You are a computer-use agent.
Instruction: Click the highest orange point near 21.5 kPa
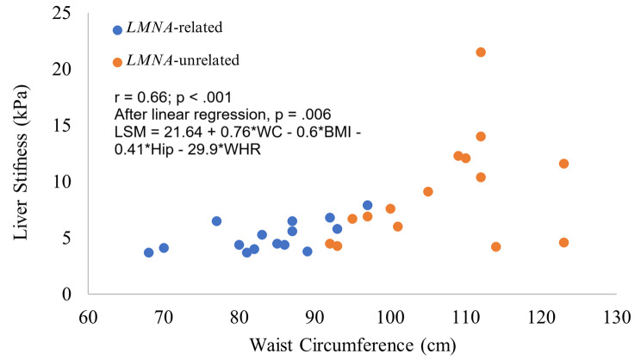pyautogui.click(x=481, y=53)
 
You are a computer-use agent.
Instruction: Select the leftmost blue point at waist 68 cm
pyautogui.click(x=149, y=252)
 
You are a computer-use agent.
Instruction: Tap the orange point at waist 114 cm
pyautogui.click(x=495, y=247)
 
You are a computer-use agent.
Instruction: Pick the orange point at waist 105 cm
pyautogui.click(x=428, y=191)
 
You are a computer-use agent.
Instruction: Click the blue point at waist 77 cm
pyautogui.click(x=216, y=221)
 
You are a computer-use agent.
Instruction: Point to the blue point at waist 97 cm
pyautogui.click(x=367, y=205)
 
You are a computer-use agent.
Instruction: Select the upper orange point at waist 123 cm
pyautogui.click(x=563, y=164)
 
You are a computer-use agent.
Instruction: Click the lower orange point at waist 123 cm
pyautogui.click(x=563, y=243)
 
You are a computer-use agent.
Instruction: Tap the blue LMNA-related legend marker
pyautogui.click(x=118, y=29)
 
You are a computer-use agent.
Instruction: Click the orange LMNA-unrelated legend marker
pyautogui.click(x=118, y=60)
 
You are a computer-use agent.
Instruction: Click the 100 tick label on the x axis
pyautogui.click(x=390, y=316)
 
